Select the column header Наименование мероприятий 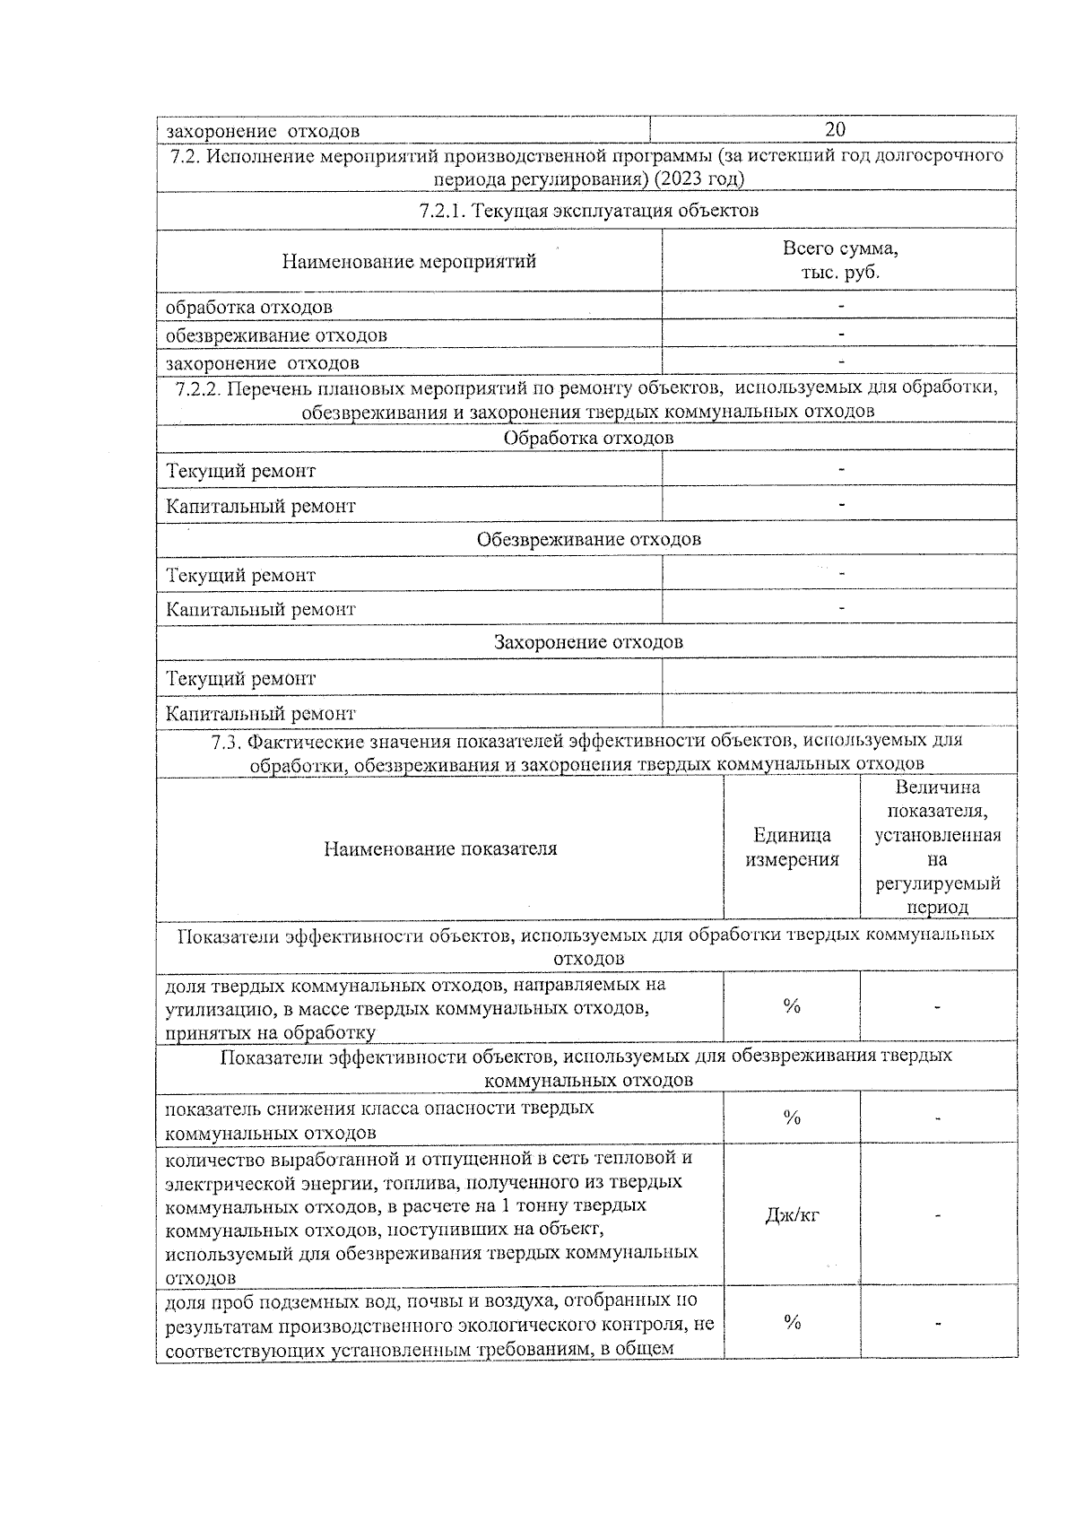(x=409, y=261)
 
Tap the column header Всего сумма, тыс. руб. (x=839, y=260)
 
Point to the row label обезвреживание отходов (x=276, y=335)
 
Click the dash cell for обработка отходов (x=840, y=307)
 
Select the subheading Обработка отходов (x=587, y=439)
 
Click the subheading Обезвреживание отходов (x=587, y=540)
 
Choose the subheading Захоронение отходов (x=587, y=642)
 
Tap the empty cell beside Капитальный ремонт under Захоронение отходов (x=839, y=713)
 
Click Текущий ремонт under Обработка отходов (x=241, y=471)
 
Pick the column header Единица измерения (x=791, y=848)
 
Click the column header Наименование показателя (x=440, y=848)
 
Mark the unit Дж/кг (x=791, y=1216)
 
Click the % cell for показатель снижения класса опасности (x=791, y=1118)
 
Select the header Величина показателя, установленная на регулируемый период (x=937, y=848)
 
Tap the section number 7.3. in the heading (x=226, y=742)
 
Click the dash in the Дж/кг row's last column (x=937, y=1216)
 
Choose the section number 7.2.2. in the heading (x=197, y=388)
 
